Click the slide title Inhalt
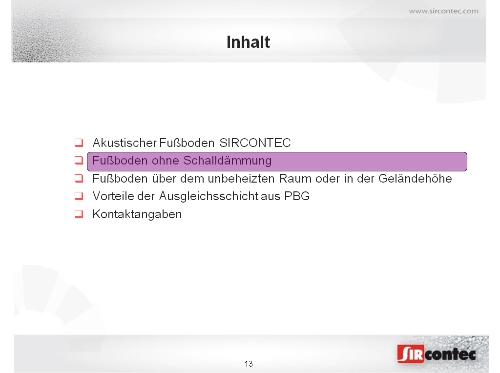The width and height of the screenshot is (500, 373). pyautogui.click(x=249, y=42)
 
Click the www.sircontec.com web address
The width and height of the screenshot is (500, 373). pyautogui.click(x=443, y=11)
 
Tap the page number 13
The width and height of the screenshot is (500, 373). pyautogui.click(x=249, y=364)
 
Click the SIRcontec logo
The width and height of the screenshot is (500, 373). pyautogui.click(x=437, y=354)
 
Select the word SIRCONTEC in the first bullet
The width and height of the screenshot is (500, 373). pyautogui.click(x=255, y=143)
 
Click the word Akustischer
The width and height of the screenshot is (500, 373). pyautogui.click(x=125, y=143)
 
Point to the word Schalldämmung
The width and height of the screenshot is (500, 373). pyautogui.click(x=228, y=161)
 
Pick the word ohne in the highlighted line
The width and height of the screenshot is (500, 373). pyautogui.click(x=166, y=161)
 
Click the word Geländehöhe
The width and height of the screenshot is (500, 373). pyautogui.click(x=415, y=179)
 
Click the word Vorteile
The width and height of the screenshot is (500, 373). pyautogui.click(x=113, y=196)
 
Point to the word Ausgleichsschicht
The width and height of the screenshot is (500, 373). pyautogui.click(x=209, y=196)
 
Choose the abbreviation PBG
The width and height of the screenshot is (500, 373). pyautogui.click(x=297, y=196)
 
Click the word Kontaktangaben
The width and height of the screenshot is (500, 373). pyautogui.click(x=137, y=214)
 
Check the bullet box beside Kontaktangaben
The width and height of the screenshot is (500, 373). pyautogui.click(x=79, y=214)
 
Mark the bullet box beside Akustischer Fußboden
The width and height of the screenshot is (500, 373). pyautogui.click(x=79, y=143)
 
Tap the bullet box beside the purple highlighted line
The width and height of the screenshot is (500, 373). pyautogui.click(x=79, y=160)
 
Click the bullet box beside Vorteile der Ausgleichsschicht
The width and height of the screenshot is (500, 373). pyautogui.click(x=79, y=196)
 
